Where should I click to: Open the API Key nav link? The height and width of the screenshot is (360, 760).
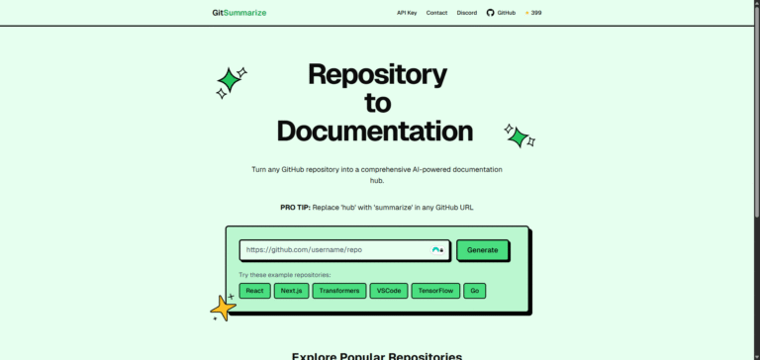point(407,13)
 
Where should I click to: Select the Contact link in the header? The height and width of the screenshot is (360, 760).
point(436,13)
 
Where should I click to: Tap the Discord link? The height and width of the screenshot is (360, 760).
point(467,13)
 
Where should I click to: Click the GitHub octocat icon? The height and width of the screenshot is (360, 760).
point(490,13)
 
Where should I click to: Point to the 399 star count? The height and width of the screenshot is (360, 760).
point(535,13)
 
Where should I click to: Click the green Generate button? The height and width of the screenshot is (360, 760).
point(483,250)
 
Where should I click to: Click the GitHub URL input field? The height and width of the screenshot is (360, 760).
point(336,250)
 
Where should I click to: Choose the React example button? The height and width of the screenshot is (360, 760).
point(254,291)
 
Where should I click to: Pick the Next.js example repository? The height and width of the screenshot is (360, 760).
point(291,291)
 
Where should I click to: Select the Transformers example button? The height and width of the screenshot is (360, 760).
point(338,291)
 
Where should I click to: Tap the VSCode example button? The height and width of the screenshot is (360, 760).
point(387,291)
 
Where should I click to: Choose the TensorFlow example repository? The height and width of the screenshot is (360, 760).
point(434,291)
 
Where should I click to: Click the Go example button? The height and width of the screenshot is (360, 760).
point(474,291)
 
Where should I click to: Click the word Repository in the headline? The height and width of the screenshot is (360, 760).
point(377,74)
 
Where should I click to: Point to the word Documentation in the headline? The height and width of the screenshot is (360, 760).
point(375,131)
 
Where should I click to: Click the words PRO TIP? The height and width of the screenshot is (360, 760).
point(296,208)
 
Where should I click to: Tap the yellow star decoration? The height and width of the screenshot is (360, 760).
point(224,309)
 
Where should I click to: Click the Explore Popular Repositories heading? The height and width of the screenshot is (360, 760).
point(376,355)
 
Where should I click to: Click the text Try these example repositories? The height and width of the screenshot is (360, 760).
point(285,274)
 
